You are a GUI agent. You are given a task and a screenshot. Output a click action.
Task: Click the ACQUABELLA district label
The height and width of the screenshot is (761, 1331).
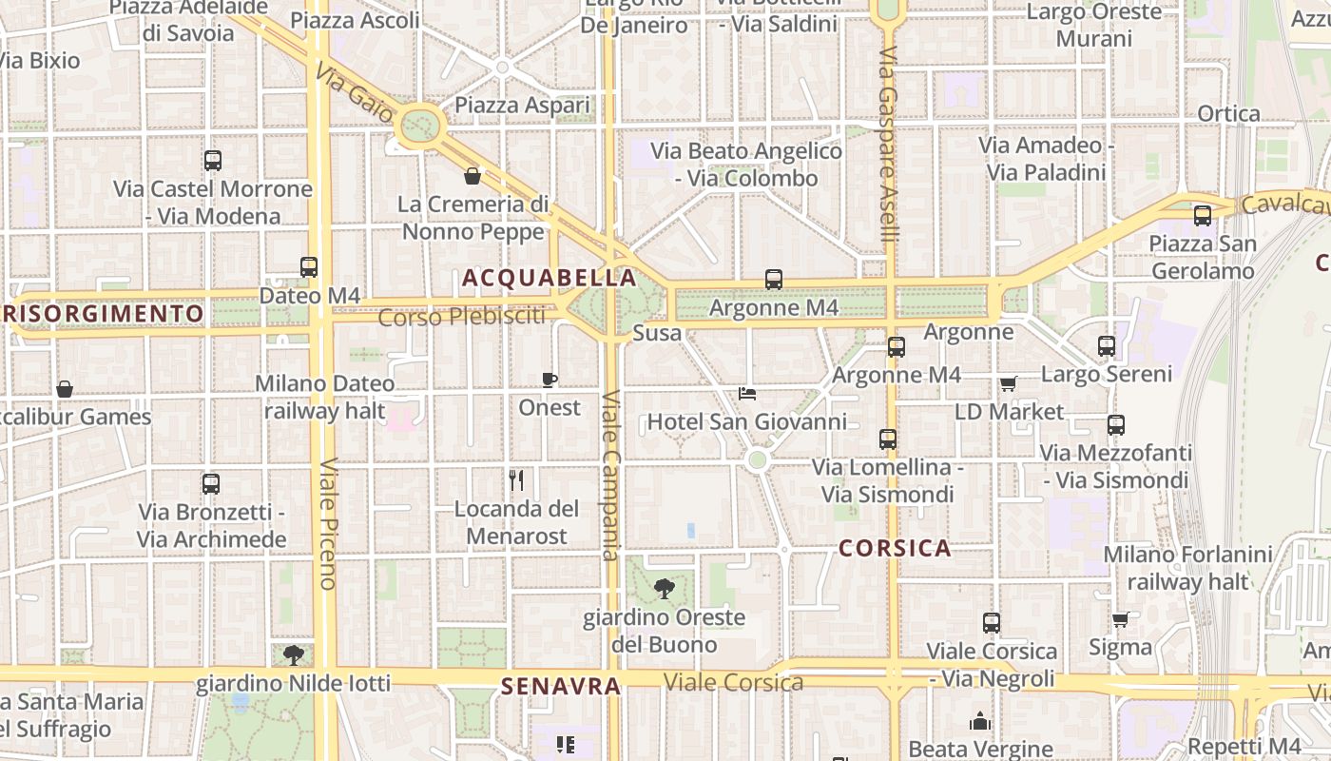[549, 278]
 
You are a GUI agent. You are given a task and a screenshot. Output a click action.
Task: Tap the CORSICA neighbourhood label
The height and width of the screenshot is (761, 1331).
[895, 548]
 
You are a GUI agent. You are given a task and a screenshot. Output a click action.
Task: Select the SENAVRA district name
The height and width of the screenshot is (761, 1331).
[560, 686]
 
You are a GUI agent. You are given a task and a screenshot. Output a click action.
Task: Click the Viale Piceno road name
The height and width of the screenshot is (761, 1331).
[328, 523]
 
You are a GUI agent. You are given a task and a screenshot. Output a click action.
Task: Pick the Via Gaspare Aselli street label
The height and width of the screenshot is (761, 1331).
[888, 143]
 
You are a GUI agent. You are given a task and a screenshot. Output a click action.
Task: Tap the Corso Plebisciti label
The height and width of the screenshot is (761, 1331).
[462, 316]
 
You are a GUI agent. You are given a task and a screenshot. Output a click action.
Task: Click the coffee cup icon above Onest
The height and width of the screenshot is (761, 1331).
[549, 380]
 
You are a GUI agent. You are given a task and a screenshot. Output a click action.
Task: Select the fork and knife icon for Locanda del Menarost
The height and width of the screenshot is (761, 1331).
[516, 479]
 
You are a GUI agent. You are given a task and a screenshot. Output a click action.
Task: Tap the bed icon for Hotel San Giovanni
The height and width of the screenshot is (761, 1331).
[747, 393]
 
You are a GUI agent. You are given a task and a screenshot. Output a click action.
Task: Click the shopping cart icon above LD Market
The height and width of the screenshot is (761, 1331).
[1008, 383]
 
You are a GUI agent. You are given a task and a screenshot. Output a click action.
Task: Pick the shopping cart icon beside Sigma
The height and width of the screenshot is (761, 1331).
[1121, 619]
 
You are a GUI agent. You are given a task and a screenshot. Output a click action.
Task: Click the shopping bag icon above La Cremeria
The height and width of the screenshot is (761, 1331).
[472, 176]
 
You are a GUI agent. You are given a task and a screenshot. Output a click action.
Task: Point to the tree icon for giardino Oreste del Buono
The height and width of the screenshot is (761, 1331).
[664, 589]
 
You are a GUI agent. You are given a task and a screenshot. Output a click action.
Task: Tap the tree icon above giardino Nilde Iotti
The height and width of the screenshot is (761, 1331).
[294, 654]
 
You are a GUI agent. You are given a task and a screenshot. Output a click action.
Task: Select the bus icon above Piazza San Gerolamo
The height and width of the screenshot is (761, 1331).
[1202, 216]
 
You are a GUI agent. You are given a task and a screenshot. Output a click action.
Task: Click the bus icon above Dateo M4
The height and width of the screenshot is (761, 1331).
[309, 267]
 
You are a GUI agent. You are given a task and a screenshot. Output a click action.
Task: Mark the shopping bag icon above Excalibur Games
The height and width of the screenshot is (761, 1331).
[64, 389]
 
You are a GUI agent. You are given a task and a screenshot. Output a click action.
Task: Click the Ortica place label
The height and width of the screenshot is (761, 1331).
[1228, 114]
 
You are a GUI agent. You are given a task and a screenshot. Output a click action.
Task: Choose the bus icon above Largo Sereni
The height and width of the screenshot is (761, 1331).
[1106, 346]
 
